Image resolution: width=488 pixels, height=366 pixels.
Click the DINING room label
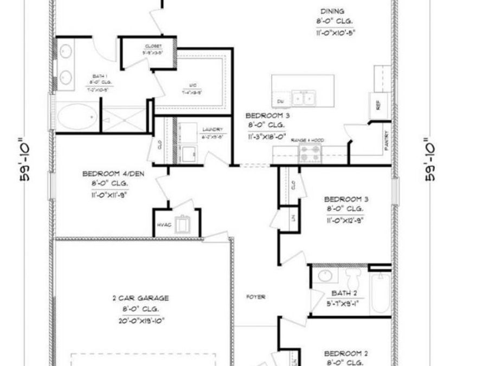[x=332, y=11]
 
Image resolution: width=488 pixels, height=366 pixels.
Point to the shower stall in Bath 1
[x=124, y=117]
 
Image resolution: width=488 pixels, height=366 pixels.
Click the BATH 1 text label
[x=98, y=76]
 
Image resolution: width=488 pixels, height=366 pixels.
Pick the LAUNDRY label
[x=213, y=129]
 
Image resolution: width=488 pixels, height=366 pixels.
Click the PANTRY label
[x=386, y=142]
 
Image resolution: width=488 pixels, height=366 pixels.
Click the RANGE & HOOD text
[x=307, y=140]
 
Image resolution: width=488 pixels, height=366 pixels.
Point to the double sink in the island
[x=304, y=99]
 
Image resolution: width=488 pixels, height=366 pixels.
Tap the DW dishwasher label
[x=281, y=101]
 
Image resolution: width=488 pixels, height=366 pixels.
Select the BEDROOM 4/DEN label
[x=106, y=174]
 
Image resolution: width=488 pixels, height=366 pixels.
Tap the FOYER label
[x=255, y=297]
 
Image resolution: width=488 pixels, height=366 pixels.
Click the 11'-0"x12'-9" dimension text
[x=344, y=221]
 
